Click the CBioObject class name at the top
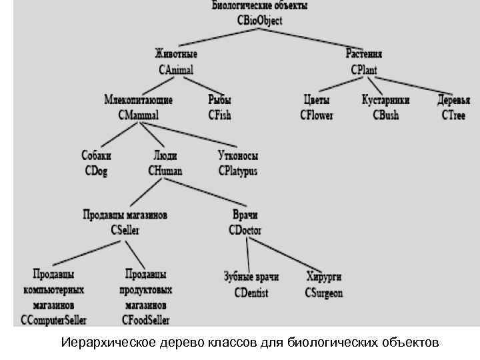259,21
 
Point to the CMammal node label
139,115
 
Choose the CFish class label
219,115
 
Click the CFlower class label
316,115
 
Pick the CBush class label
385,115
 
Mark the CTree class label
453,115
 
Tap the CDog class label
96,171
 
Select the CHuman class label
165,171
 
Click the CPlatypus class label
237,171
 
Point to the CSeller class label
125,231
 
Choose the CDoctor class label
245,231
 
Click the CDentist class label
251,293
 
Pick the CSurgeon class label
324,293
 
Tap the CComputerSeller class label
53,320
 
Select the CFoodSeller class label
145,320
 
